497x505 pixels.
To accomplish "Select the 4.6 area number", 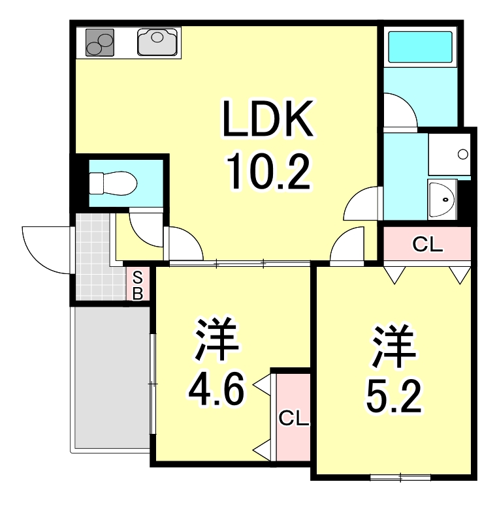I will pyautogui.click(x=216, y=390).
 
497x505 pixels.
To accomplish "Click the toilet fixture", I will pyautogui.click(x=111, y=183).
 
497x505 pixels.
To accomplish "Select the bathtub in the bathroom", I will pyautogui.click(x=420, y=46).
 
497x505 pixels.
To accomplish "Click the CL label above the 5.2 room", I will pyautogui.click(x=428, y=245).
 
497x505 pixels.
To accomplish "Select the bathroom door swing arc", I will pyautogui.click(x=398, y=111).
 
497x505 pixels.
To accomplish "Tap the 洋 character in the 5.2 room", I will pyautogui.click(x=394, y=347).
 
